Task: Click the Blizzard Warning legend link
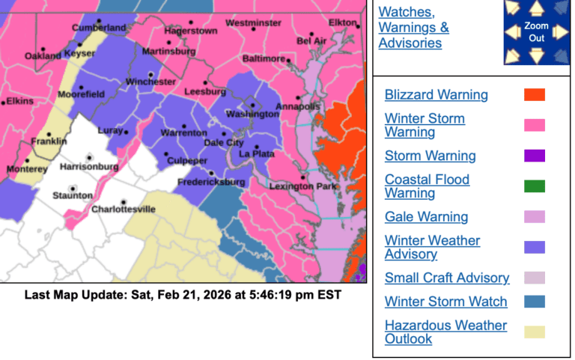pos(436,95)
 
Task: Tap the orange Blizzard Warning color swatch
pos(535,95)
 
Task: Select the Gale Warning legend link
pos(426,217)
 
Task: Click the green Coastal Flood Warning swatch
pos(535,186)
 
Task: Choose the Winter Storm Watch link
pos(445,302)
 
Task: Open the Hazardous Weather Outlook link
pos(445,332)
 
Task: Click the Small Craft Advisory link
pos(447,278)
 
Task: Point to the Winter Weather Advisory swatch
pos(535,248)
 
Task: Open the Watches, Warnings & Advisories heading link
pos(414,28)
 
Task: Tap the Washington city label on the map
pos(252,115)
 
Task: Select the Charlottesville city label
pos(123,210)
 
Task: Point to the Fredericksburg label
pos(211,183)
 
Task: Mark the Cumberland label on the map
pos(99,28)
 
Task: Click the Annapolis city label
pos(298,106)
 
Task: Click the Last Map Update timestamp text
pos(183,295)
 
